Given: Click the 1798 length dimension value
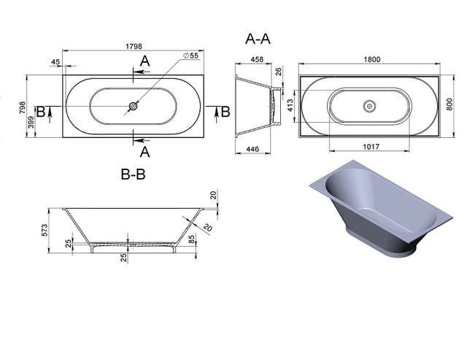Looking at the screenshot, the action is point(134,47).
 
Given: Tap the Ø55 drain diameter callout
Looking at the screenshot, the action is point(190,55).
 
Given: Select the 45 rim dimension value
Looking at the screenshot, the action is point(55,62).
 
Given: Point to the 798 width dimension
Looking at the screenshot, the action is point(23,107).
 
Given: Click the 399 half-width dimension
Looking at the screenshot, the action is point(31,122).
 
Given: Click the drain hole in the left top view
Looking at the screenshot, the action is point(133,106).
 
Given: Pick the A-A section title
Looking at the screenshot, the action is point(258,39).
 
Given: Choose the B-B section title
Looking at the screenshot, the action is point(133,174).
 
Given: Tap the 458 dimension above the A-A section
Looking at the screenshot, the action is point(257,60).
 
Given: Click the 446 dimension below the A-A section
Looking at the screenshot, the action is point(252,149).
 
